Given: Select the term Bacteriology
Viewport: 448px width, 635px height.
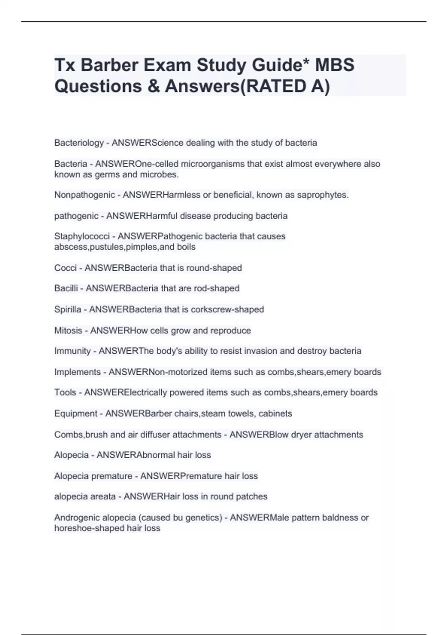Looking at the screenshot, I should [x=79, y=143].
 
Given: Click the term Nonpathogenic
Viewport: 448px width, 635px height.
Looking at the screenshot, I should [x=84, y=195].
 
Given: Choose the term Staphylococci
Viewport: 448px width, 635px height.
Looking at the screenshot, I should [x=82, y=236].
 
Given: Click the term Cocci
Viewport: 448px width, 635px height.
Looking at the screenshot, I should [x=65, y=268].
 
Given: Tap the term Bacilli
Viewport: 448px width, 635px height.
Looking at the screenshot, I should [x=66, y=288].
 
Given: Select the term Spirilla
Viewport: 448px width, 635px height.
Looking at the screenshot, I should [x=68, y=310].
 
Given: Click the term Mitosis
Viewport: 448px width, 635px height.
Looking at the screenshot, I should [x=68, y=331].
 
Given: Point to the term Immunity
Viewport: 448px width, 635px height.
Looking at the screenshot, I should [x=72, y=351].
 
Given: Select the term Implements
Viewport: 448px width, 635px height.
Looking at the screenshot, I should [x=77, y=372].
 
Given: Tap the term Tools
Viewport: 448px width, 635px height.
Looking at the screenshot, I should [x=65, y=393].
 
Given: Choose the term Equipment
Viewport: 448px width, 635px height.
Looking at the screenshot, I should [x=75, y=413].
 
